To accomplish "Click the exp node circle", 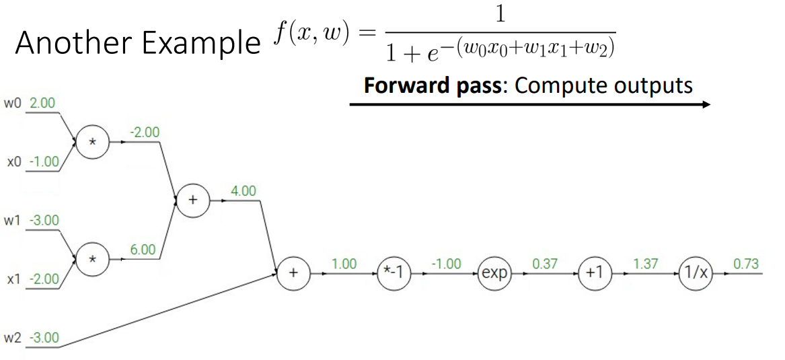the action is tap(495, 275).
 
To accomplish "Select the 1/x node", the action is tap(695, 275).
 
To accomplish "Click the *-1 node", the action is tap(394, 275).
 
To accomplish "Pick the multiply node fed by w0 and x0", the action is tap(92, 143).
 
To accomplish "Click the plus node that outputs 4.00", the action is tap(193, 201).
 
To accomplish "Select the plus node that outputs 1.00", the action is tap(294, 275).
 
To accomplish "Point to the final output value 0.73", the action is tap(746, 264).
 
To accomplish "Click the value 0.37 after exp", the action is tap(545, 264).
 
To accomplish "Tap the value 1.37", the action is tap(645, 264).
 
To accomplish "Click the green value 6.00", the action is tap(143, 250).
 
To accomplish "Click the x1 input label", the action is tap(13, 279).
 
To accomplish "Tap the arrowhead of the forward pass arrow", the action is tap(706, 104).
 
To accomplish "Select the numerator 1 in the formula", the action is tap(499, 15).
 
